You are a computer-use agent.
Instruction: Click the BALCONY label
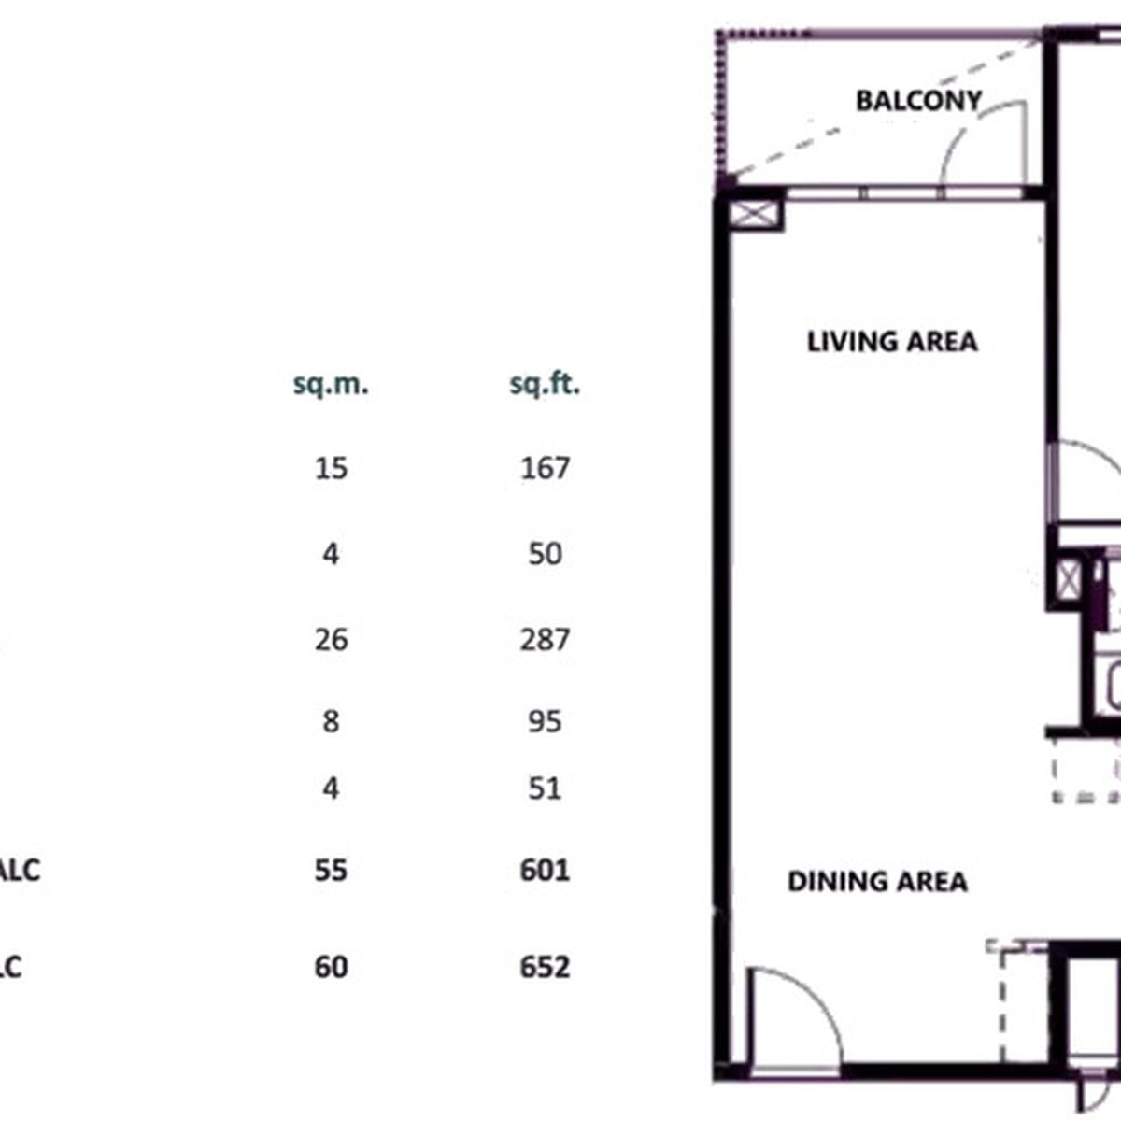click(x=918, y=100)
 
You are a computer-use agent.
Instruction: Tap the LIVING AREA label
click(x=892, y=341)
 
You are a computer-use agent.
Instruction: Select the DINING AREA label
click(x=877, y=881)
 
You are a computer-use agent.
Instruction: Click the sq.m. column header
click(x=331, y=383)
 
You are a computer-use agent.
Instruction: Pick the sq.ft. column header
click(x=545, y=383)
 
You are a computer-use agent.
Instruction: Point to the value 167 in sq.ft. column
click(x=545, y=467)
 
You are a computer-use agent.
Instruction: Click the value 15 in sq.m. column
click(x=331, y=467)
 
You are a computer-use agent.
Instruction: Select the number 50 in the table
click(x=545, y=554)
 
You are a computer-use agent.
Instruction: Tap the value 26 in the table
click(x=331, y=640)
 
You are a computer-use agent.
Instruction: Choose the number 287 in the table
click(x=545, y=640)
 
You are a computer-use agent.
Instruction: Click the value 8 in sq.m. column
click(x=331, y=721)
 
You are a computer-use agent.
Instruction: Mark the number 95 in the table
click(x=545, y=721)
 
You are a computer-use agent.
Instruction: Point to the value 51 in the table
click(x=545, y=789)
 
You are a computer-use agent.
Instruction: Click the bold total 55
click(x=331, y=871)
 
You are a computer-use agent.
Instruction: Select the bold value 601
click(x=545, y=871)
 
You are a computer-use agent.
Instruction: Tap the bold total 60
click(x=331, y=966)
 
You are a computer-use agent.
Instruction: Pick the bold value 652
click(x=545, y=966)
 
